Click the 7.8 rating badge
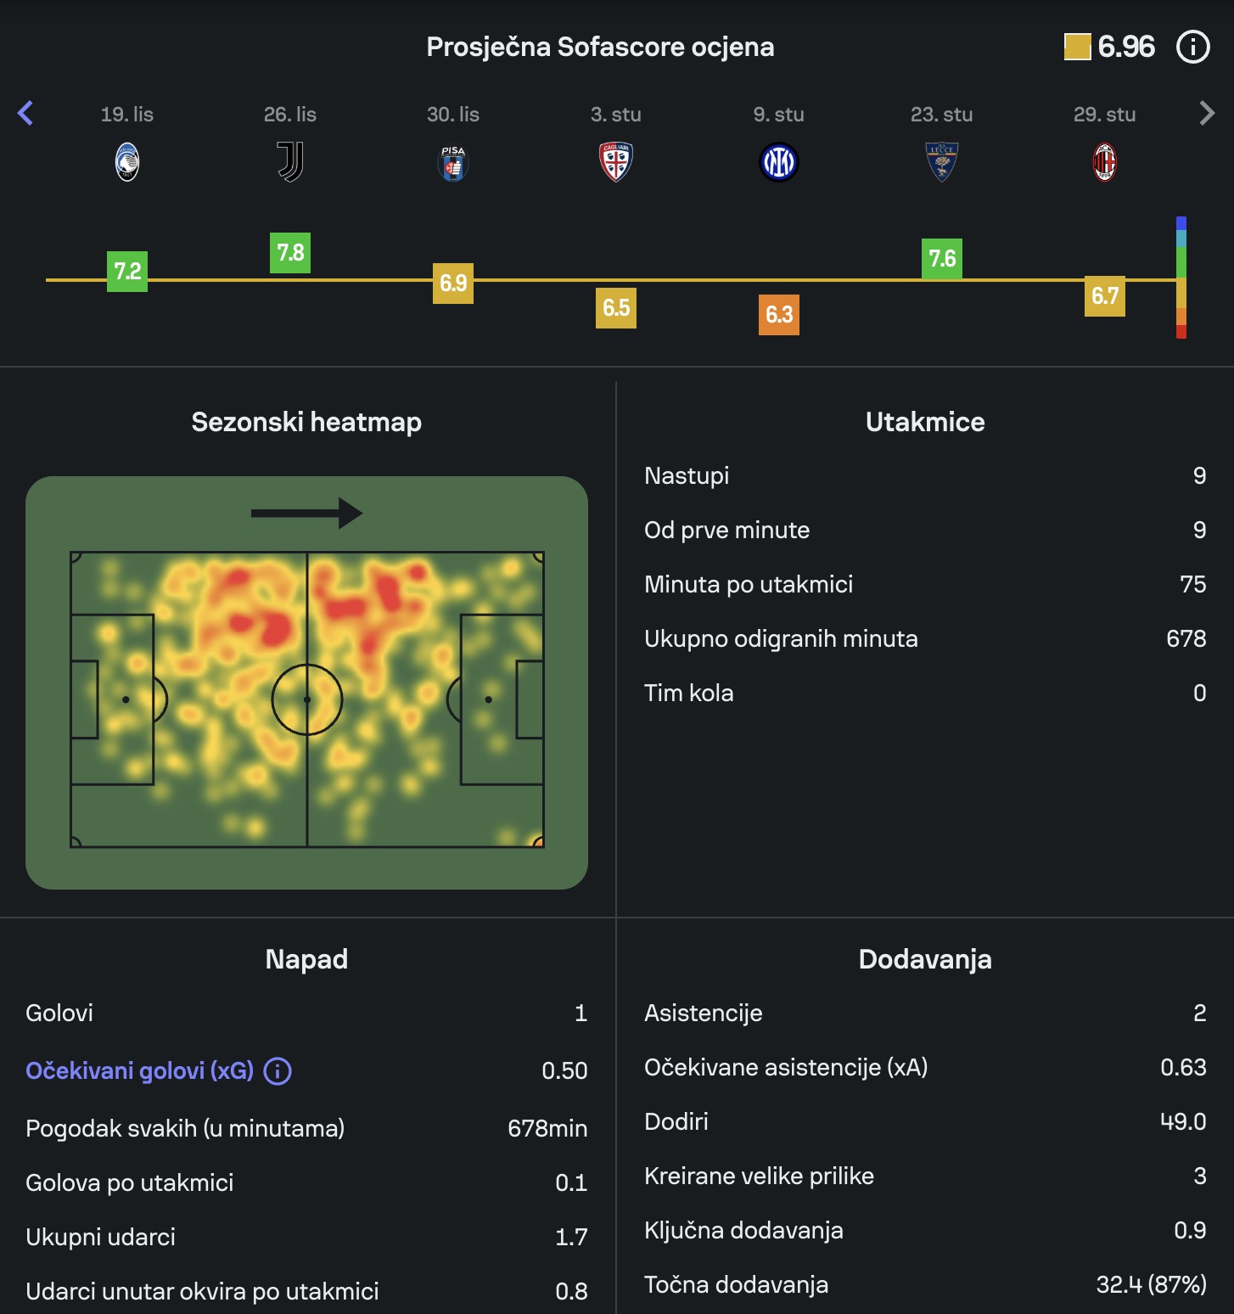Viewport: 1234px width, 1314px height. [290, 253]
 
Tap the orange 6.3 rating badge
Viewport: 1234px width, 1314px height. [779, 315]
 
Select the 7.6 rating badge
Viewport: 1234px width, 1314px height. [942, 259]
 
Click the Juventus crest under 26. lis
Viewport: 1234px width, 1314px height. [290, 162]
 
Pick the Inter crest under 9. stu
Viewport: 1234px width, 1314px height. [779, 162]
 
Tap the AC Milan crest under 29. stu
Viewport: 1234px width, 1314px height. [1104, 162]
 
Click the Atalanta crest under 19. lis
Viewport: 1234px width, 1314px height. [127, 162]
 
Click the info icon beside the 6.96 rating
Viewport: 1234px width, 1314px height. [1192, 47]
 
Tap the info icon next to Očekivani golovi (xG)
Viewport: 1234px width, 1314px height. [278, 1071]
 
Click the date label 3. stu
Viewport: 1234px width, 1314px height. [616, 115]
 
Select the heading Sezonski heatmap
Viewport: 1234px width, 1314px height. [306, 422]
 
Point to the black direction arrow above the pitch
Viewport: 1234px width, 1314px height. [306, 513]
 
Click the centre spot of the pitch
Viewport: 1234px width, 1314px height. [307, 699]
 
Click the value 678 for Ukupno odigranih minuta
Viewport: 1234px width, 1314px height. [1186, 638]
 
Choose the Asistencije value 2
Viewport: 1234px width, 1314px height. [1199, 1013]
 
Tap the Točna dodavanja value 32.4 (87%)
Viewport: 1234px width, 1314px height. [1151, 1284]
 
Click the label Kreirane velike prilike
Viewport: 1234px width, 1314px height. [759, 1176]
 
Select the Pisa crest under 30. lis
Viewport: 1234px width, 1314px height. [453, 162]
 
